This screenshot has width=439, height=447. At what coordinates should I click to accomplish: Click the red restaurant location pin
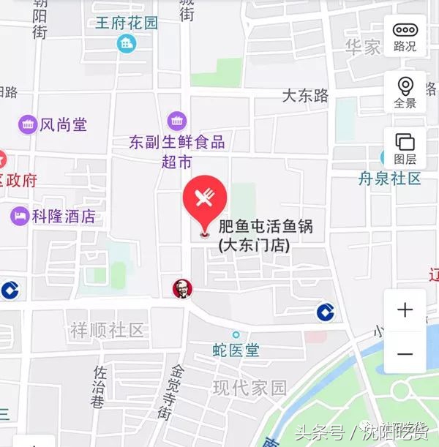[x=204, y=199]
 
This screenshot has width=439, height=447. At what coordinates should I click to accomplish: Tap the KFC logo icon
[x=181, y=288]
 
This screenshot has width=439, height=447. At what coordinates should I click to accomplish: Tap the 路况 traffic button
[x=405, y=37]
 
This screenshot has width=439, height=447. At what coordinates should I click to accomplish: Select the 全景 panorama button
[x=405, y=92]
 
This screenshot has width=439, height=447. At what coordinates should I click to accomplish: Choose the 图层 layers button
[x=405, y=148]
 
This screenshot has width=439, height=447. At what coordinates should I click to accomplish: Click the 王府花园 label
[x=127, y=23]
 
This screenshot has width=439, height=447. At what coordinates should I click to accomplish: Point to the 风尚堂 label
[x=63, y=125]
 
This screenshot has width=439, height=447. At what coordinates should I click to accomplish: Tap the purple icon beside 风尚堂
[x=28, y=125]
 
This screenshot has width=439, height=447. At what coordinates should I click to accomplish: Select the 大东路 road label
[x=306, y=96]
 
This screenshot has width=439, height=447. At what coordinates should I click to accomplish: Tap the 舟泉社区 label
[x=389, y=179]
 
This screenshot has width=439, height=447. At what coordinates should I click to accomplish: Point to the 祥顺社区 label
[x=108, y=330]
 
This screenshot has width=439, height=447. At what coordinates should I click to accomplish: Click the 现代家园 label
[x=249, y=388]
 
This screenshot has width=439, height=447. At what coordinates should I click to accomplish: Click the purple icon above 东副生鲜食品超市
[x=177, y=121]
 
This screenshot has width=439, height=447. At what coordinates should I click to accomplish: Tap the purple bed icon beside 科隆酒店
[x=19, y=217]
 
